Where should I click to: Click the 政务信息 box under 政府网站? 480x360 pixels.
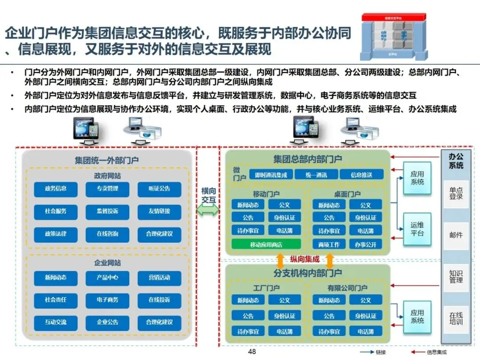[x=56, y=189]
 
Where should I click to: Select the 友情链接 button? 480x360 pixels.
[x=159, y=212]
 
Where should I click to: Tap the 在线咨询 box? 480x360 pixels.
[x=107, y=234]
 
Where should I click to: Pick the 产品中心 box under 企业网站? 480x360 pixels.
[x=107, y=278]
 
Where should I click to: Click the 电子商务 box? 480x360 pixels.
[x=107, y=300]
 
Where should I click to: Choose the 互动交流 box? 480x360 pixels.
[x=56, y=322]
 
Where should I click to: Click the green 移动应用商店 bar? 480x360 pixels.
[x=266, y=244]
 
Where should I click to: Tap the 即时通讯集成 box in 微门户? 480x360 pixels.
[x=270, y=175]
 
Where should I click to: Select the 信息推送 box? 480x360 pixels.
[x=361, y=175]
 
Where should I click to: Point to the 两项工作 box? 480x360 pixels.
[x=329, y=244]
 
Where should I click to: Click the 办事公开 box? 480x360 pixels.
[x=365, y=244]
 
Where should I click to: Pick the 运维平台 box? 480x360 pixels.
[x=417, y=229]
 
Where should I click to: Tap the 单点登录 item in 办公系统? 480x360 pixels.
[x=456, y=193]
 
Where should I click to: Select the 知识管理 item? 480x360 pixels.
[x=456, y=277]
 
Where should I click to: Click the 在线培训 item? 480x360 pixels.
[x=456, y=319]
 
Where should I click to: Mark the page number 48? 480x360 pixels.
[x=252, y=352]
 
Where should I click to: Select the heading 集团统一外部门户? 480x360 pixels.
[x=107, y=160]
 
